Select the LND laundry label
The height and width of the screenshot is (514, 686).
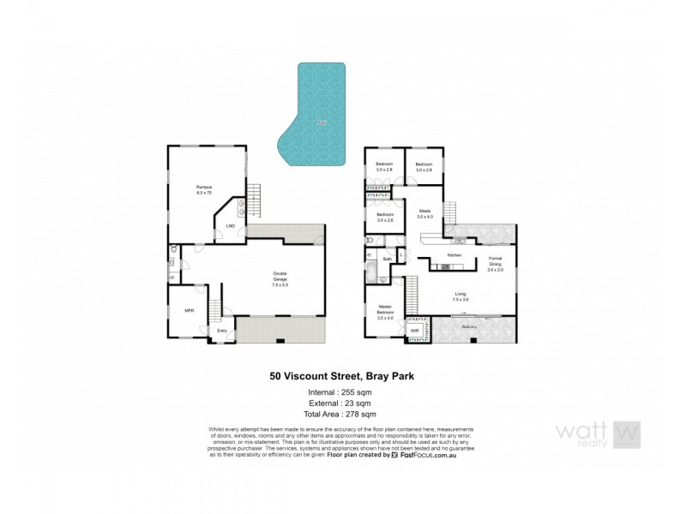(x=230, y=226)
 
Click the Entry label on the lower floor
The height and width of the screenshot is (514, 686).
(x=222, y=331)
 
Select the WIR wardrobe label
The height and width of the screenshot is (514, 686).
(x=414, y=330)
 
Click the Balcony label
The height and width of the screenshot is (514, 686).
(x=469, y=326)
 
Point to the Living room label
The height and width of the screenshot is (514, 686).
(x=461, y=296)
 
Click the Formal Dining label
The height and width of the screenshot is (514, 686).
(x=495, y=264)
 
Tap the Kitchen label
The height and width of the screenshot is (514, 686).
(x=455, y=255)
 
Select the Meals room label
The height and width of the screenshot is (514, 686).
(x=425, y=213)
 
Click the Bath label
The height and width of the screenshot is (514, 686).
(x=387, y=259)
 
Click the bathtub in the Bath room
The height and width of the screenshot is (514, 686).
(x=372, y=273)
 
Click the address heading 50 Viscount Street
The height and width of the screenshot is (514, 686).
(x=343, y=375)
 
